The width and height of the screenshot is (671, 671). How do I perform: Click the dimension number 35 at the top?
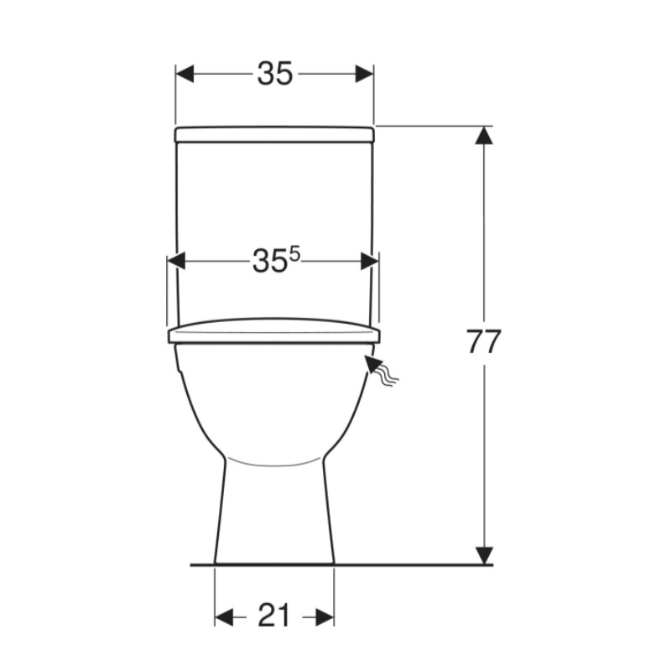click(275, 73)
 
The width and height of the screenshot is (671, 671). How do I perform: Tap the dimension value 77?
click(483, 342)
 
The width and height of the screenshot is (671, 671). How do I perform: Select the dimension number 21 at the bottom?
click(274, 616)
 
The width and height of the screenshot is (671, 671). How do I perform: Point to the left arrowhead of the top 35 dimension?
click(185, 74)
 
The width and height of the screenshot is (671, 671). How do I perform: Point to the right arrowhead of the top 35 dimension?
click(365, 74)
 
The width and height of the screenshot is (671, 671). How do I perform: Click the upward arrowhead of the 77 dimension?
click(484, 135)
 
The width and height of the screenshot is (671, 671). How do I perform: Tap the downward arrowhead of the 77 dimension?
click(484, 555)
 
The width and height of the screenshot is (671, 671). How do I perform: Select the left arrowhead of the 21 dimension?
click(224, 617)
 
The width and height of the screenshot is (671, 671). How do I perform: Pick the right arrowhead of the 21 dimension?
click(325, 617)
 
